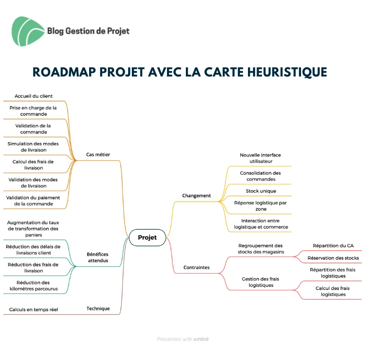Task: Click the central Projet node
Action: tap(147, 237)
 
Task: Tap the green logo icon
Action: tap(28, 31)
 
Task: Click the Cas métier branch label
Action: tap(98, 154)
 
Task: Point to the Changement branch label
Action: tap(197, 196)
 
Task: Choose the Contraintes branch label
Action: tap(197, 267)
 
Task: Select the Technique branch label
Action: tap(98, 309)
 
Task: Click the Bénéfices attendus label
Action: tap(98, 257)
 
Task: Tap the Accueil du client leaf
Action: tap(33, 96)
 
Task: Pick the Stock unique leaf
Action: tap(261, 191)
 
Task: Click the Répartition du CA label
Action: tap(333, 246)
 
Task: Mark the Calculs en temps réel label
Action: tap(33, 310)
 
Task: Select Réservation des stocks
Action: tap(333, 258)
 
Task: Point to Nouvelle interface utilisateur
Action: tap(261, 158)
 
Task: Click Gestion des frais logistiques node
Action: tap(261, 282)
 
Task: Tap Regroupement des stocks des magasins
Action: tap(261, 249)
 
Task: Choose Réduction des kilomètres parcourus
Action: tap(33, 286)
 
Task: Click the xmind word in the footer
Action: tap(201, 339)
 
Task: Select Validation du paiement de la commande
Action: tap(33, 201)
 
